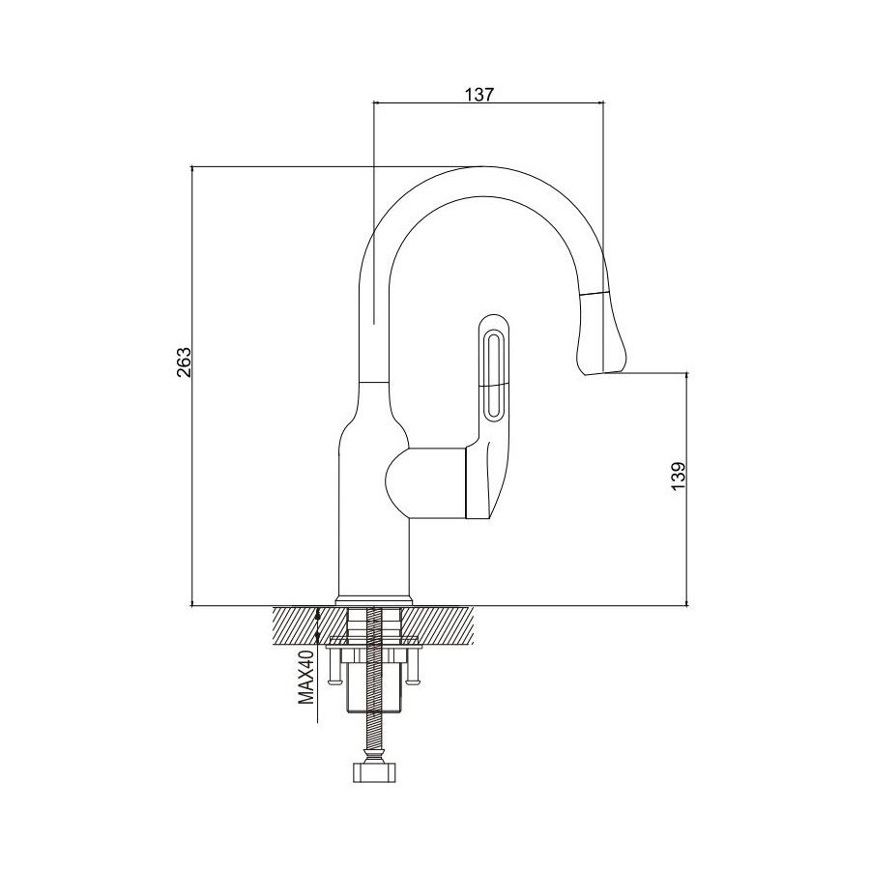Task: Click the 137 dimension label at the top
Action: pyautogui.click(x=479, y=94)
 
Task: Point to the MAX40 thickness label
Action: pyautogui.click(x=306, y=688)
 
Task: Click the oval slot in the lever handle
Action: pyautogui.click(x=491, y=373)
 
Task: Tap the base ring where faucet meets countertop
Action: pyautogui.click(x=374, y=599)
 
